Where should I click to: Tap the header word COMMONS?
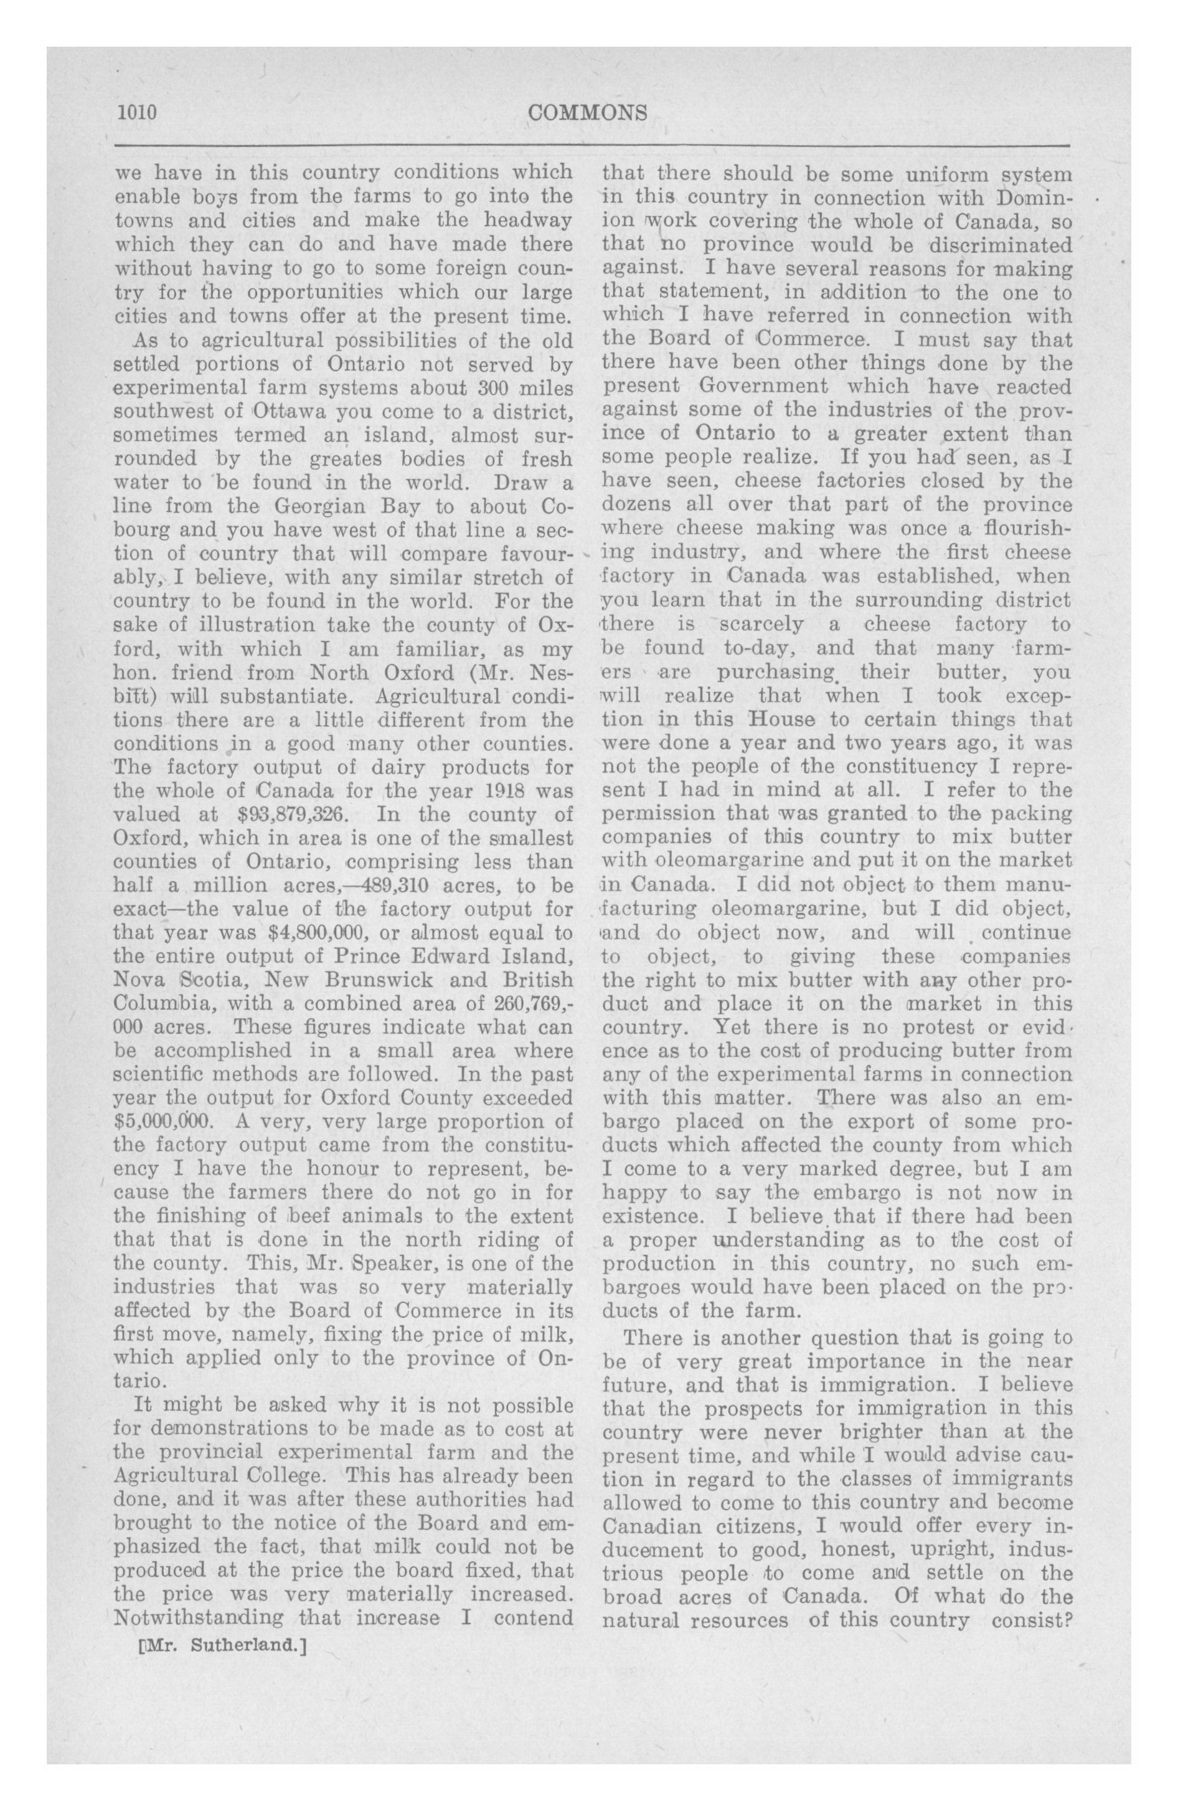[588, 113]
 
